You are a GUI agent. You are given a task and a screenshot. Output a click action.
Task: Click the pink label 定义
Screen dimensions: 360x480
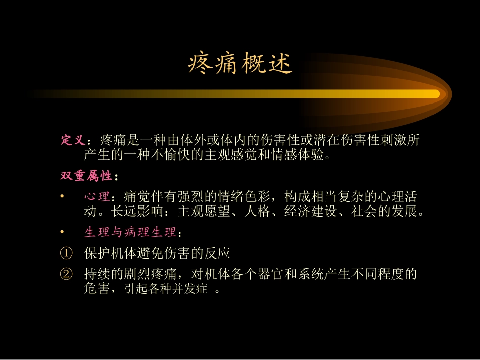pos(72,140)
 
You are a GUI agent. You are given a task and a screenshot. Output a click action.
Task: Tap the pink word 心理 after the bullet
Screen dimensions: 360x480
pos(97,196)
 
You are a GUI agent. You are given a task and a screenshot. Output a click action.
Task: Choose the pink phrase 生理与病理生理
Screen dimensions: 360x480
pos(130,232)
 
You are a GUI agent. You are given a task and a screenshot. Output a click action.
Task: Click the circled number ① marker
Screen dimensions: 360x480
pos(66,253)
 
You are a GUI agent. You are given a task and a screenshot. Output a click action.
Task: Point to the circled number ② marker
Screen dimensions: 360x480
pos(66,274)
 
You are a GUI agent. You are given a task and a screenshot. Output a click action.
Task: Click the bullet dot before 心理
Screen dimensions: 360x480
pos(62,196)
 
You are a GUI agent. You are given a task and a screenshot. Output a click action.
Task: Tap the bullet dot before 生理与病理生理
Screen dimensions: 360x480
pos(62,232)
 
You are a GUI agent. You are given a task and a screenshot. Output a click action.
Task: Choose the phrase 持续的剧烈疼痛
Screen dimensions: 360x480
pos(130,274)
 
